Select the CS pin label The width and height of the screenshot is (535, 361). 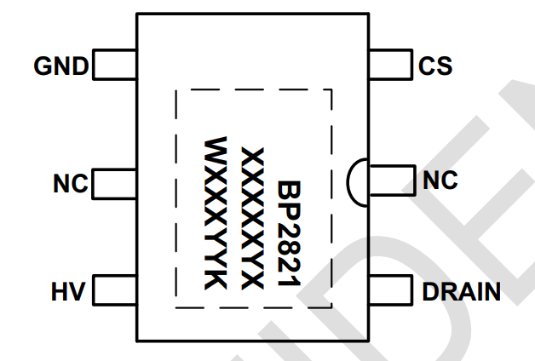coord(435,66)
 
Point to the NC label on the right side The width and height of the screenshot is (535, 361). coord(440,180)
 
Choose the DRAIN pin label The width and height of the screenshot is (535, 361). coord(461,292)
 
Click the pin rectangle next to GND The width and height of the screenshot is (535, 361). coord(114,66)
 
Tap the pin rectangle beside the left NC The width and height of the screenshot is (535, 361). coord(114,183)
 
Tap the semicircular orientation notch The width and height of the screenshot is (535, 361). coord(355,180)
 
